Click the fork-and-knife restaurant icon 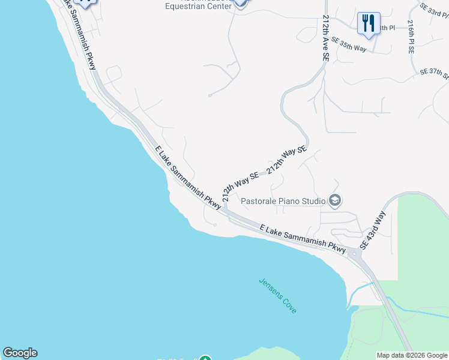[368, 23]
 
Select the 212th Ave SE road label [325, 37]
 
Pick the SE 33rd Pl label [434, 10]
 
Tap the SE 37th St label [435, 73]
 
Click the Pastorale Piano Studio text [283, 201]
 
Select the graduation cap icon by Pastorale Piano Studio [335, 200]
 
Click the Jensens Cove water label [277, 295]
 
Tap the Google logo [20, 353]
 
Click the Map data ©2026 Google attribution [412, 355]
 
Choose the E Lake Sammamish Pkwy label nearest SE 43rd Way [303, 238]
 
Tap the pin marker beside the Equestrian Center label [240, 3]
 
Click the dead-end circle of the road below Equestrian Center [209, 95]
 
